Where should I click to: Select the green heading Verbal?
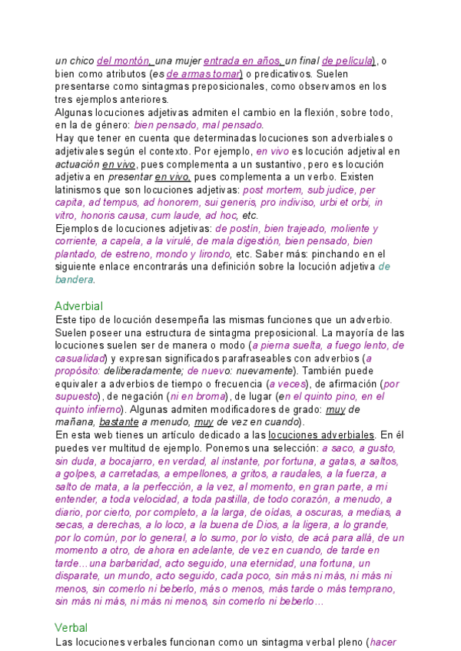(x=71, y=627)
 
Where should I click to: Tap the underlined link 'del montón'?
(x=124, y=61)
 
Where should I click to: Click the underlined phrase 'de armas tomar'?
(x=204, y=74)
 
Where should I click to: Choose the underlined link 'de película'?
(x=347, y=61)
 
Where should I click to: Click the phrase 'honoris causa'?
(x=108, y=216)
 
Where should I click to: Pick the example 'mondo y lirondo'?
(x=193, y=254)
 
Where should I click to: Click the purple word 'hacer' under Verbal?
(x=382, y=641)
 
